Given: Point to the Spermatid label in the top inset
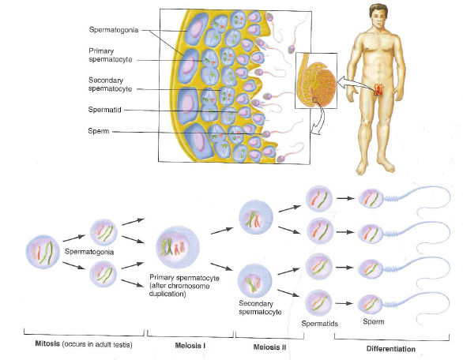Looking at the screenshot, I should (x=104, y=111).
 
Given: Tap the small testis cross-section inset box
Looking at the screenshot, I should (x=315, y=80).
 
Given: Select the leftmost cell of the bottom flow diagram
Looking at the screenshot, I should (x=43, y=253).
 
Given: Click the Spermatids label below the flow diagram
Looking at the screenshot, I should (x=320, y=324).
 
